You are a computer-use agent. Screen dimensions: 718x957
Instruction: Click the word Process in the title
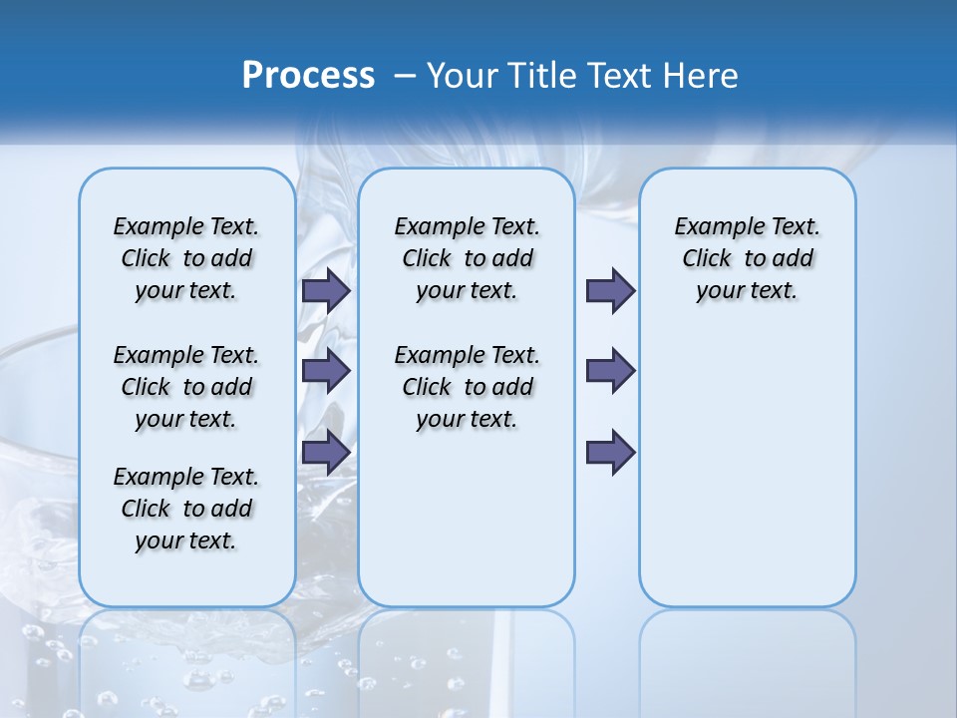point(308,76)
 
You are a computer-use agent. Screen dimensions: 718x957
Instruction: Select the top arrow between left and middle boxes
point(326,290)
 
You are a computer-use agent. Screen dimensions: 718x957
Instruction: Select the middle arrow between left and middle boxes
point(326,371)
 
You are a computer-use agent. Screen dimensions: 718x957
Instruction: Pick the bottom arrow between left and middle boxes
point(326,452)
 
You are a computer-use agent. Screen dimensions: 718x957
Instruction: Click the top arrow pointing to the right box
point(610,290)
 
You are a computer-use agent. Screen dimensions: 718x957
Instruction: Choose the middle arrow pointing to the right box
point(610,371)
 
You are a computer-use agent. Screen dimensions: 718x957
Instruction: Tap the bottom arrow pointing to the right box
point(610,452)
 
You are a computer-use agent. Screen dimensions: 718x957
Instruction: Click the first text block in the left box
point(186,258)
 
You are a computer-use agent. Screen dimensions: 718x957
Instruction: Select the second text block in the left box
point(186,387)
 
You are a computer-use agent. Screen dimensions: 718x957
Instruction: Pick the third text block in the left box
point(186,509)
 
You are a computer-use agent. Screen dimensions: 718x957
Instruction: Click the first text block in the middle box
point(468,258)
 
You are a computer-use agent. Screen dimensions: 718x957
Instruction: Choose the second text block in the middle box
point(468,387)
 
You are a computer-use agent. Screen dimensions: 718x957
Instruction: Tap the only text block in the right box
point(748,258)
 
